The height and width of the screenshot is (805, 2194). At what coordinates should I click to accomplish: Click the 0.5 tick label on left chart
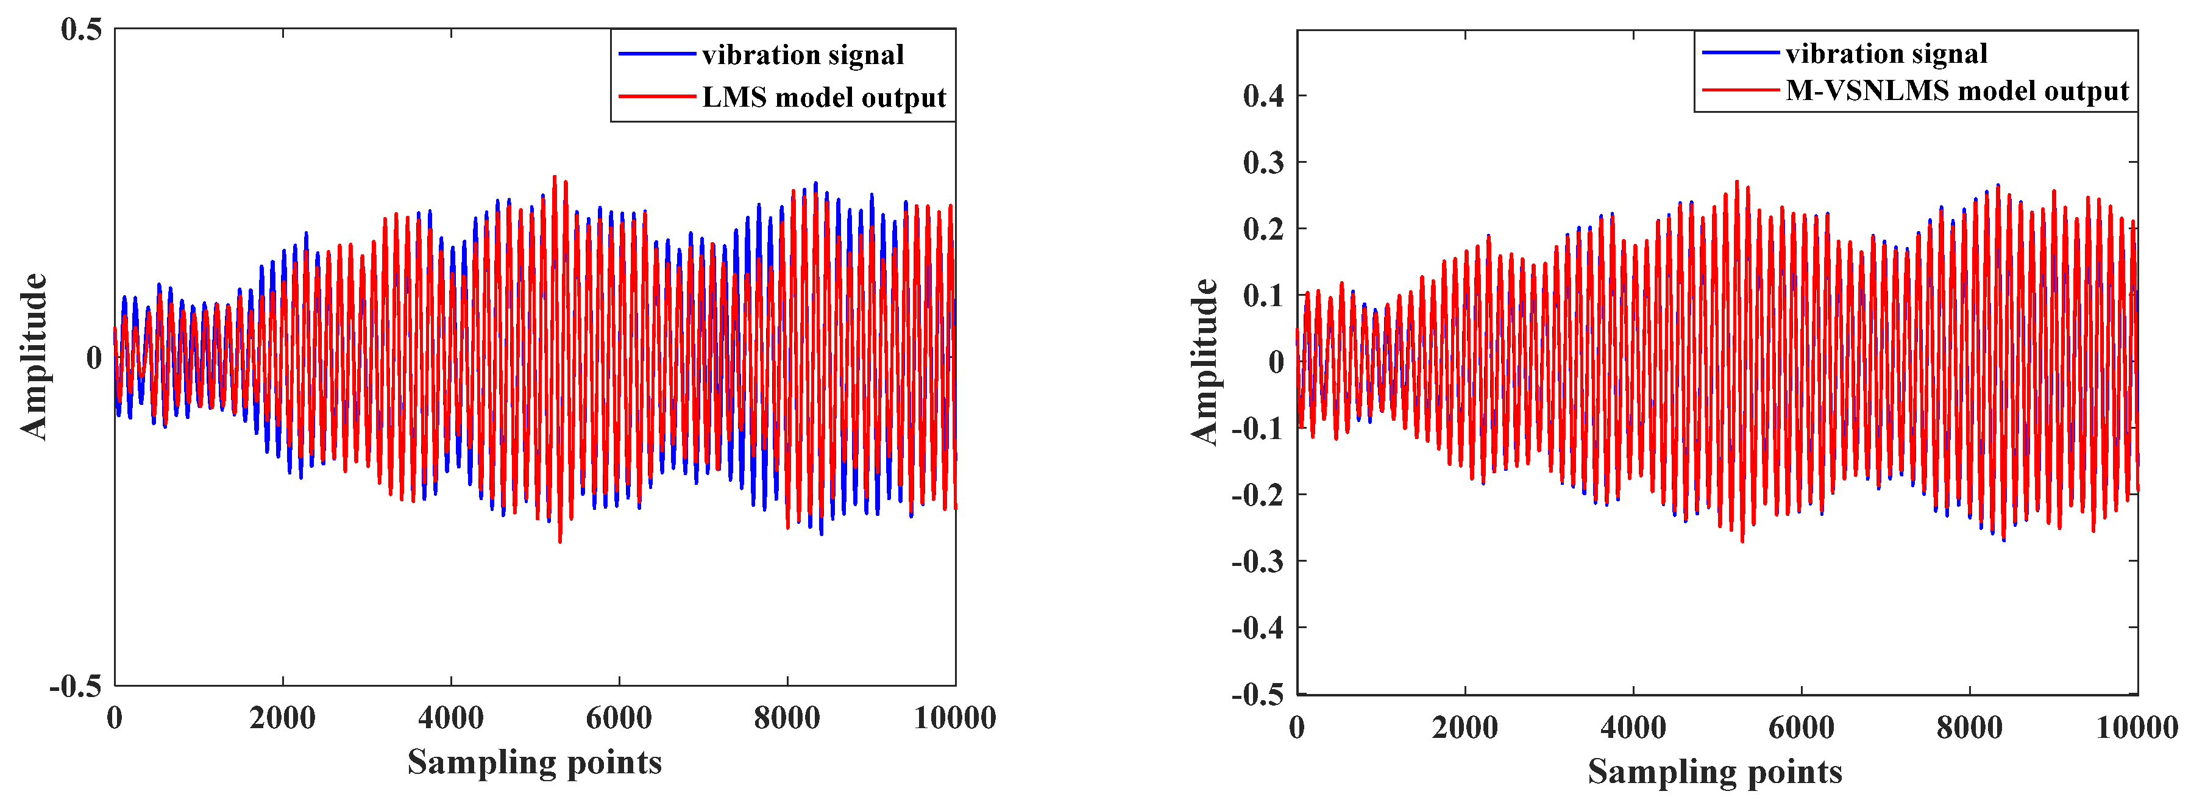point(81,30)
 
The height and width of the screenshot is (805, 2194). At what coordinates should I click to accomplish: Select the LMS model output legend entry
point(823,98)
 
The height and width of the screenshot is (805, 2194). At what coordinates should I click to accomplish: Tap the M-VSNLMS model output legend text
point(1956,91)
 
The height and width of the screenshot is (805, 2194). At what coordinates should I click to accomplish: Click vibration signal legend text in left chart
point(802,55)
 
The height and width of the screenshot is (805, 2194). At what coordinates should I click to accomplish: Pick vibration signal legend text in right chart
point(1886,54)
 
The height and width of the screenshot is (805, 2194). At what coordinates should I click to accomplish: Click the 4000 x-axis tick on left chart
point(450,718)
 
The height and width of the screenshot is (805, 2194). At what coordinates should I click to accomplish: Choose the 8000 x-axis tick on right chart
point(1969,728)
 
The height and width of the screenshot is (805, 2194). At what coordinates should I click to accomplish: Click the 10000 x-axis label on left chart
point(954,718)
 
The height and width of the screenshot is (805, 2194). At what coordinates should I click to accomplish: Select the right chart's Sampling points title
point(1714,772)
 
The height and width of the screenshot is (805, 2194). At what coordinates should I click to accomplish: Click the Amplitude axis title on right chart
point(1204,362)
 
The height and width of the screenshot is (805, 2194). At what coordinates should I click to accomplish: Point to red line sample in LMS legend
point(656,97)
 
